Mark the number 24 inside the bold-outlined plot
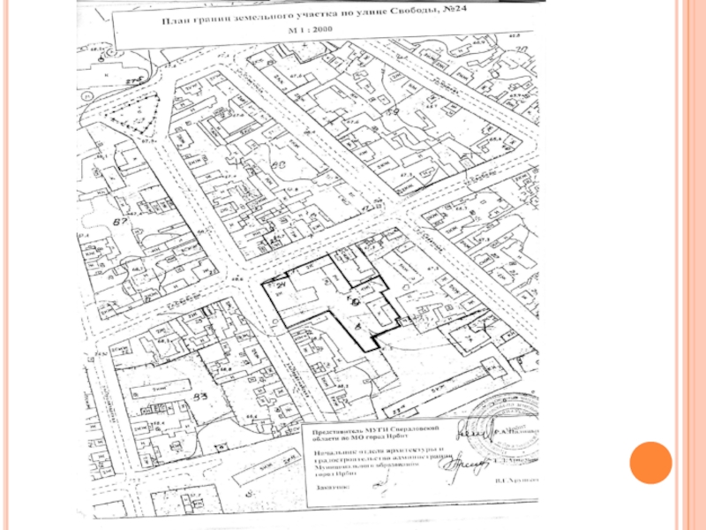(282, 288)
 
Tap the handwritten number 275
(133, 81)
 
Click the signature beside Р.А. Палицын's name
(470, 435)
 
